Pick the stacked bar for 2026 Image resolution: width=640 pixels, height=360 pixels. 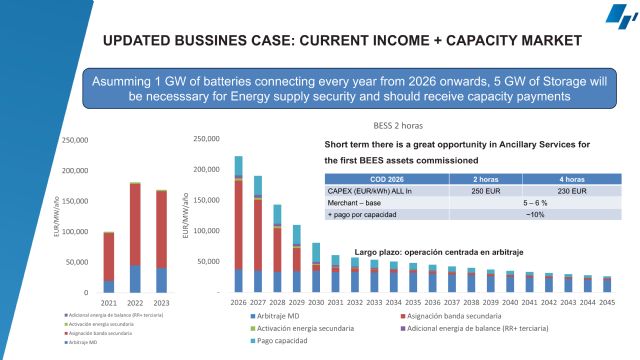238,225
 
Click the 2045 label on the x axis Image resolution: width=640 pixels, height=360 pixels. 607,302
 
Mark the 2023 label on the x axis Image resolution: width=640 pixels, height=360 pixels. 162,302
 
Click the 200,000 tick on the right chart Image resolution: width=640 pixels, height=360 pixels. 207,169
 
